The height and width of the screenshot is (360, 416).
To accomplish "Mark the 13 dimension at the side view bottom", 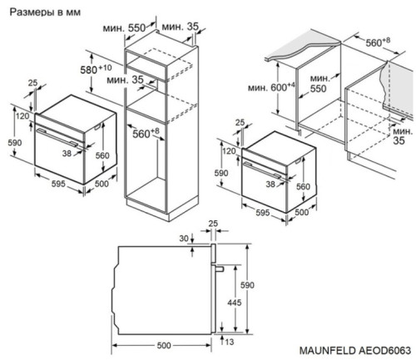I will coord(229,341).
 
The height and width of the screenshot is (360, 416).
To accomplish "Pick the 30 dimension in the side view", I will coord(182,239).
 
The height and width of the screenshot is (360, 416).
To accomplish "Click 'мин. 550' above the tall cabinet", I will coord(136,27).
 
